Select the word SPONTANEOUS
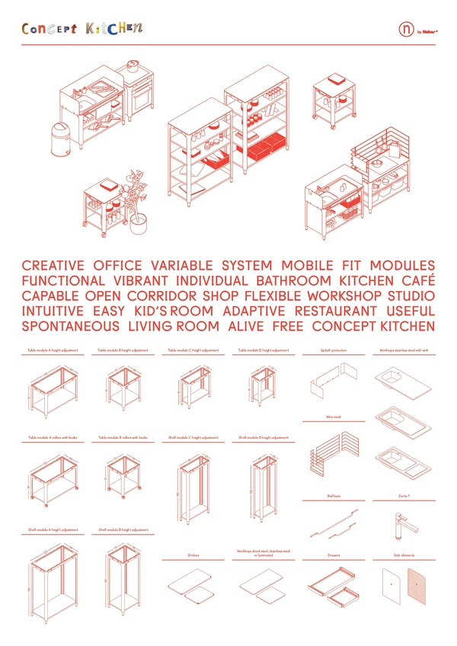pyautogui.click(x=71, y=326)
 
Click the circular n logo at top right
pyautogui.click(x=406, y=30)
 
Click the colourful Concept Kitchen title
pyautogui.click(x=82, y=29)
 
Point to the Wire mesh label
pyautogui.click(x=333, y=417)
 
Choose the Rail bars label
pyautogui.click(x=333, y=497)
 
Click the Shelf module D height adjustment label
pyautogui.click(x=263, y=438)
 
